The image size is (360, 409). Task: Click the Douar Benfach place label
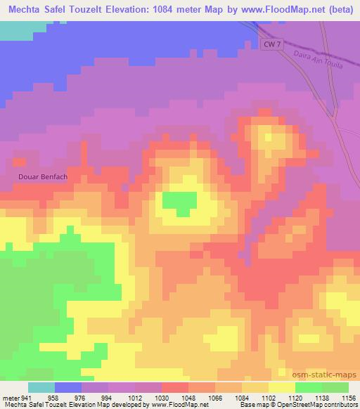[x=43, y=176]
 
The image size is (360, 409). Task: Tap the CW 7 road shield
[x=274, y=44]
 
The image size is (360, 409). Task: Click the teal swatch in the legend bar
[x=41, y=387]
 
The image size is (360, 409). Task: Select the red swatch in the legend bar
[x=175, y=387]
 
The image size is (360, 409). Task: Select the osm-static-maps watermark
[x=329, y=375]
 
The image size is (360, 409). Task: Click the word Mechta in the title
[x=25, y=9]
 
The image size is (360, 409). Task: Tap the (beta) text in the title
[x=338, y=9]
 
